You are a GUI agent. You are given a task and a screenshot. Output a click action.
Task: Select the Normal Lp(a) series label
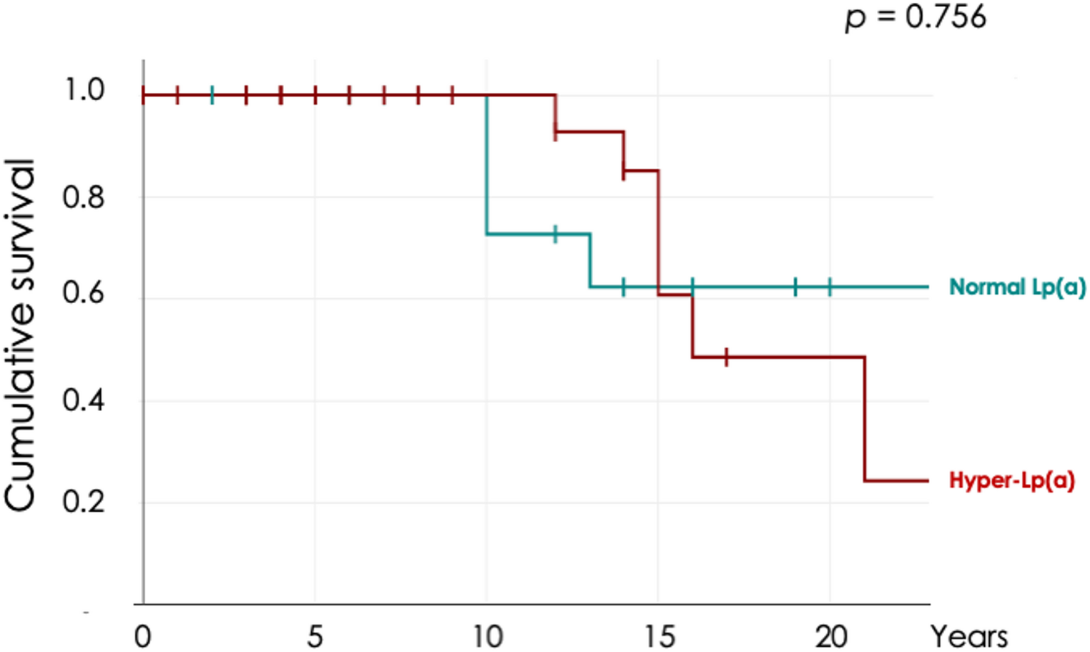pos(1016,287)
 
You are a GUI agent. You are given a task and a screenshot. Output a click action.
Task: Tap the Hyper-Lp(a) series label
pos(1011,480)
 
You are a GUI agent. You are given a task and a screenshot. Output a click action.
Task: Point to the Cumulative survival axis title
pos(20,335)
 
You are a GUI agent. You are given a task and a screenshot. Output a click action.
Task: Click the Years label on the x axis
pos(969,636)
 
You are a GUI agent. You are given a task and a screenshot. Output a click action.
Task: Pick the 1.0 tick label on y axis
pos(84,90)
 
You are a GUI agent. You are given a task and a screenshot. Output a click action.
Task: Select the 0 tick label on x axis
pos(143,636)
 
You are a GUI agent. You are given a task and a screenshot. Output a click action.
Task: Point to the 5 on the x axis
pos(315,636)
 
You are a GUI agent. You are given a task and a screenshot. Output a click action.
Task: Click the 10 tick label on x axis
pos(487,636)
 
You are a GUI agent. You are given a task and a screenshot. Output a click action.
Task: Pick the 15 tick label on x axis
pos(659,636)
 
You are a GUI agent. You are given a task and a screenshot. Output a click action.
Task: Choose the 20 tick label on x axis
pos(830,636)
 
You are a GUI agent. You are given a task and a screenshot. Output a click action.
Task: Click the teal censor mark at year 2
pos(212,94)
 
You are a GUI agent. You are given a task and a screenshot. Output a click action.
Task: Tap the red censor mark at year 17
pos(727,357)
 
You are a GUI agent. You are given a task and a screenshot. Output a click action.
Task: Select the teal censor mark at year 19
pos(795,287)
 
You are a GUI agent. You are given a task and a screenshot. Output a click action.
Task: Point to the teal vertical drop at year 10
pos(487,164)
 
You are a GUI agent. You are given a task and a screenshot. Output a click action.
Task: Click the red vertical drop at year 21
pos(865,418)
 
